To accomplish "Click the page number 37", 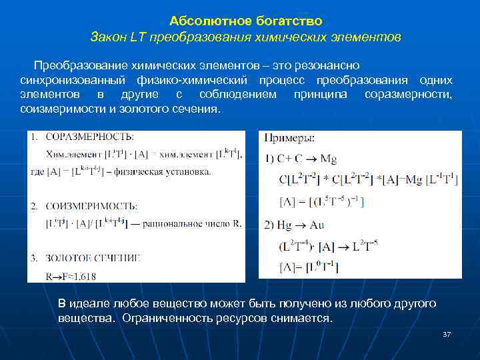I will (447, 333).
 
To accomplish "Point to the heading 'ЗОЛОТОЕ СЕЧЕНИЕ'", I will (93, 257).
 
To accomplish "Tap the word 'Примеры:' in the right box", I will (290, 138).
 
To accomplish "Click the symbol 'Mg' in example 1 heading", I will (329, 158).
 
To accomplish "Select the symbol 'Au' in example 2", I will (317, 225).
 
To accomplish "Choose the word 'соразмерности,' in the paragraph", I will (408, 94).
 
